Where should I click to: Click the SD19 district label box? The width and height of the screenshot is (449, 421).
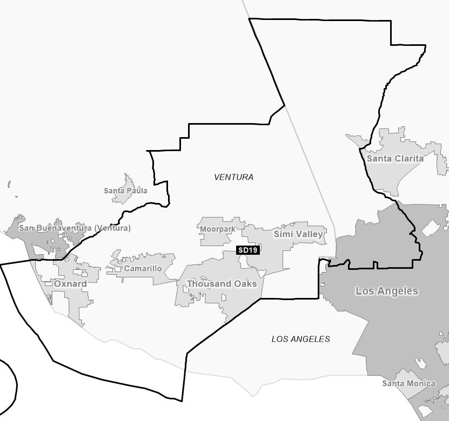tap(248, 250)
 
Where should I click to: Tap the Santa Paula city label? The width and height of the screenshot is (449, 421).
tap(125, 191)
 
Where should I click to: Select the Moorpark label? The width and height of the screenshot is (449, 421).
tap(217, 229)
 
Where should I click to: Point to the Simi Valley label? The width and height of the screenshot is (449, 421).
tap(298, 234)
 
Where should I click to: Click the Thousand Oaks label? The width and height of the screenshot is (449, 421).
tap(222, 283)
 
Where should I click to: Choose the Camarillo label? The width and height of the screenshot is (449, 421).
tap(143, 268)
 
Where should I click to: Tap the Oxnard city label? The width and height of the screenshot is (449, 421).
tap(70, 283)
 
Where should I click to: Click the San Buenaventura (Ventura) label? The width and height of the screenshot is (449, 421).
tap(75, 228)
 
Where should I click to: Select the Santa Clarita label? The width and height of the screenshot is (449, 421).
tap(395, 159)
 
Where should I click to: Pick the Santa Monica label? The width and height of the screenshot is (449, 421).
tap(408, 383)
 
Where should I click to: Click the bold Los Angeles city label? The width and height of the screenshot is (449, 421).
tap(386, 291)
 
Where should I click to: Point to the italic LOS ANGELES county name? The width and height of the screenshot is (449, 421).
tap(300, 339)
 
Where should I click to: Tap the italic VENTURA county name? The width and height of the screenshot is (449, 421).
tap(233, 177)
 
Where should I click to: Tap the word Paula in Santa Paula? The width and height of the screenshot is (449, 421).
tap(137, 191)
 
